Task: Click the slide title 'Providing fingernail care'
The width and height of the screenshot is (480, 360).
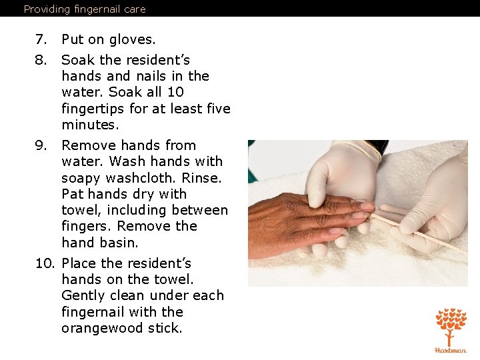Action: click(x=85, y=9)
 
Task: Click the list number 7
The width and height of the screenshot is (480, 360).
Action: click(x=41, y=39)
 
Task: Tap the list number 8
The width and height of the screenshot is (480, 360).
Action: click(x=41, y=60)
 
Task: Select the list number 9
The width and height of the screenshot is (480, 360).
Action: click(x=41, y=145)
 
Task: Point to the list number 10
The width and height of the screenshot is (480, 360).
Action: click(x=45, y=263)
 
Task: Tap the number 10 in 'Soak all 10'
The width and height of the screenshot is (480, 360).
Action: click(x=175, y=92)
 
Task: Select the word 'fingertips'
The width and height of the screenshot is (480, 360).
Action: click(x=93, y=109)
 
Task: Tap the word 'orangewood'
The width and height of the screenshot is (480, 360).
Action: click(x=102, y=329)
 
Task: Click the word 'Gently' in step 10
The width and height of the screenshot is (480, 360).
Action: click(x=83, y=296)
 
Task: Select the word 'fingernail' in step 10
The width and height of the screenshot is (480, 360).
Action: click(x=93, y=312)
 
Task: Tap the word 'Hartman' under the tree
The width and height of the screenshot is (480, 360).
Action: click(x=451, y=350)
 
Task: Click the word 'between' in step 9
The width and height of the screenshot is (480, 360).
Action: click(x=200, y=210)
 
